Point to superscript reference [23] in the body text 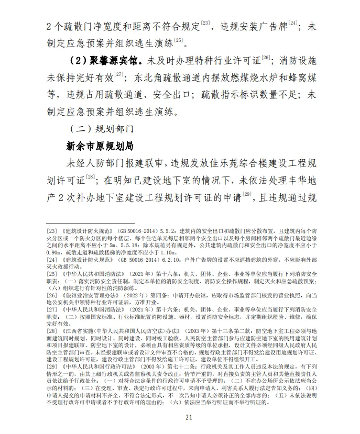(205, 23)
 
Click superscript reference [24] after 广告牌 (293, 23)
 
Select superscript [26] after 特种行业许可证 (266, 58)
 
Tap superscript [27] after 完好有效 (118, 74)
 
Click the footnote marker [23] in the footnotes (52, 231)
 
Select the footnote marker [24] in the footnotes (52, 259)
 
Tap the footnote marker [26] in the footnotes (52, 295)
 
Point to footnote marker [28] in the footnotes (52, 331)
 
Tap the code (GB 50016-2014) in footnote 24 (138, 259)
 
